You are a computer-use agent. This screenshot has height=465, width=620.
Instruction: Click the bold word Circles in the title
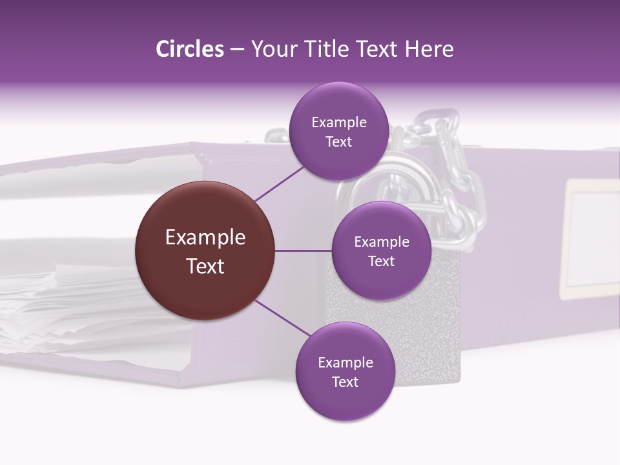(189, 49)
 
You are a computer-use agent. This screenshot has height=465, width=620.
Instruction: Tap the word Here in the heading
(429, 49)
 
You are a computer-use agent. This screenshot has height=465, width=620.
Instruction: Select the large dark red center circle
(205, 251)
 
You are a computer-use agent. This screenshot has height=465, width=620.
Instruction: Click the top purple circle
(339, 131)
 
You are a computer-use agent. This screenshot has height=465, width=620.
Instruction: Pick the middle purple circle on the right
(381, 251)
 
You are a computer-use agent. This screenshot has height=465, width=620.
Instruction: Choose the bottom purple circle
(345, 371)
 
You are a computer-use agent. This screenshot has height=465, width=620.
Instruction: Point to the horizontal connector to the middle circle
(303, 251)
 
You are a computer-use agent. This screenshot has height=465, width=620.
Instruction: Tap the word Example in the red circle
(205, 237)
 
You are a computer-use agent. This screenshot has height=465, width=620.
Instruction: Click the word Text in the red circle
(205, 265)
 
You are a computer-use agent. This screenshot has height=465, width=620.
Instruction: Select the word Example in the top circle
(339, 122)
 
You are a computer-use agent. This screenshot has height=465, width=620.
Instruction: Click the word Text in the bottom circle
(345, 382)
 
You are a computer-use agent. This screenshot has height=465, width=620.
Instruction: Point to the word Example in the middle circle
(381, 242)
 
